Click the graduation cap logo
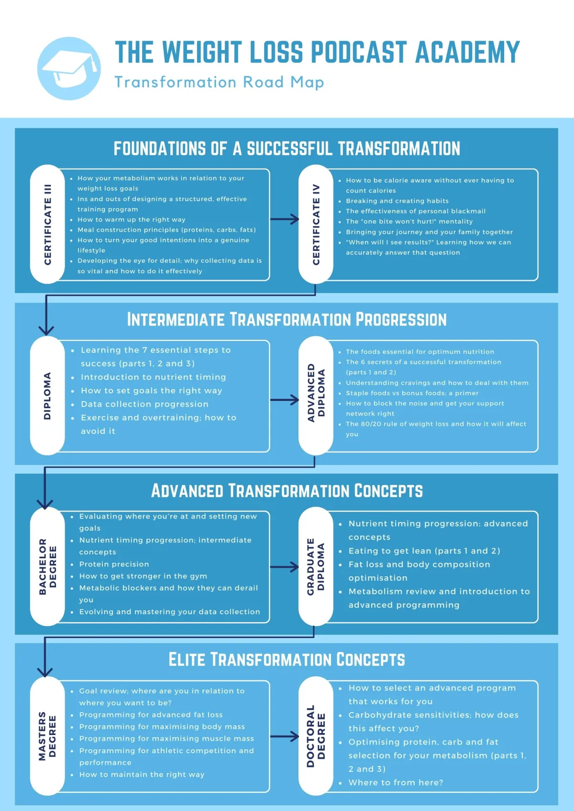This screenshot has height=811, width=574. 69,68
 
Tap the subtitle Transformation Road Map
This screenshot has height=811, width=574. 219,82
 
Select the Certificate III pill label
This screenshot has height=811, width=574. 47,224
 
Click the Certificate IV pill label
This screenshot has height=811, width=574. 316,224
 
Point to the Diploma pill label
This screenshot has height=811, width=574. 47,395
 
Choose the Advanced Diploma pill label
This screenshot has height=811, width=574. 316,395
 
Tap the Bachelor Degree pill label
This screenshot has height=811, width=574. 47,566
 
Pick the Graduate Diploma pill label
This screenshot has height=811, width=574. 316,566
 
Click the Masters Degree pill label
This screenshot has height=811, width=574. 47,736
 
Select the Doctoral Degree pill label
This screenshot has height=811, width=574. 316,736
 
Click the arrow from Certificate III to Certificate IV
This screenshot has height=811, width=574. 285,219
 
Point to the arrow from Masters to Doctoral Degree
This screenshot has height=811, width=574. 285,736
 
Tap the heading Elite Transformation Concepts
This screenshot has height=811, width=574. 287,660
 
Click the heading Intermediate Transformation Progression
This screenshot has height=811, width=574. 287,320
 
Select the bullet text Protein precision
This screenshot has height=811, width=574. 114,564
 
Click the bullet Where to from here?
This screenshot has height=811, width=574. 396,782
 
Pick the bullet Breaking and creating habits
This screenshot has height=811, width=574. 397,201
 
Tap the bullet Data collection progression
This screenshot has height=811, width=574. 144,404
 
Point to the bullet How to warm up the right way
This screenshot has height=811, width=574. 131,219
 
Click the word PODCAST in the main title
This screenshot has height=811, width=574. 359,52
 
